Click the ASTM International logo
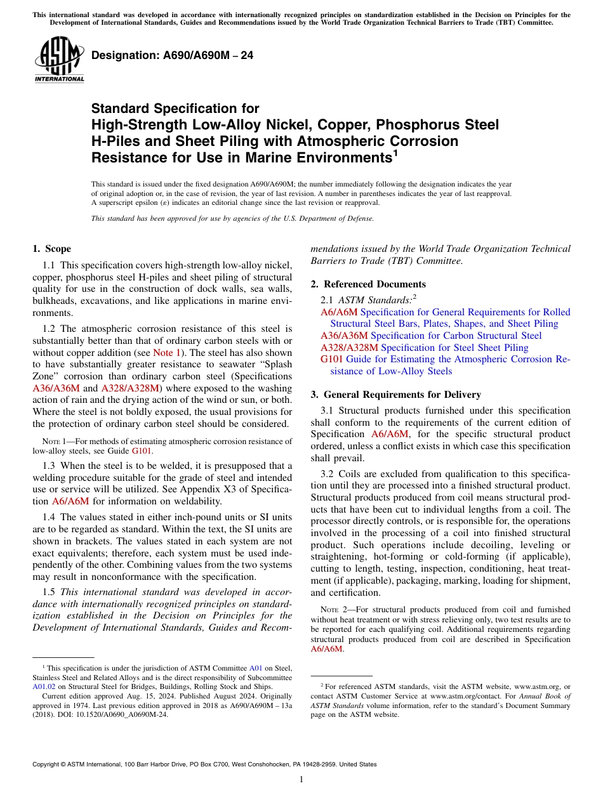pos(58,60)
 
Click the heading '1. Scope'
pos(51,249)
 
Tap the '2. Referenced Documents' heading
pos(368,284)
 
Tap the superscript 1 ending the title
pos(395,153)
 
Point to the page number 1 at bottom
pos(301,780)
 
